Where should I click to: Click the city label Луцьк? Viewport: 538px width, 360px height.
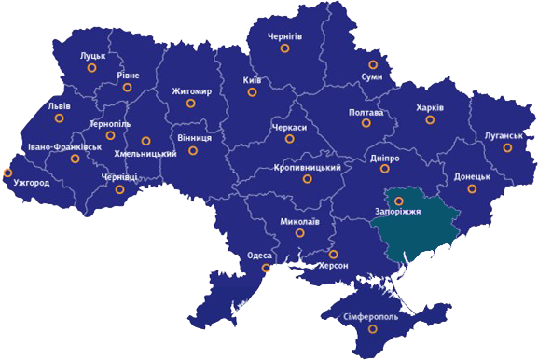93,56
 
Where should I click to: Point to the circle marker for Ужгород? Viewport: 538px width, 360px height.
8,172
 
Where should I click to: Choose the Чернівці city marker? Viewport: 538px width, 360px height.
119,189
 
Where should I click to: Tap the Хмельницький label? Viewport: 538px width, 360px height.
145,153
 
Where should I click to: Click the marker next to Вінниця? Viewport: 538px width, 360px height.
193,150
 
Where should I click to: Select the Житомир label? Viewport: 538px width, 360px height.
192,91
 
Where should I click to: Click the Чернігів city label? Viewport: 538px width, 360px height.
285,36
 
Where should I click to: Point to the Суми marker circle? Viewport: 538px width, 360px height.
373,64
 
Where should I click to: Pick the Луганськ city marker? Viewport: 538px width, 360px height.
507,147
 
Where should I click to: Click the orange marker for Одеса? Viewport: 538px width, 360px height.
267,269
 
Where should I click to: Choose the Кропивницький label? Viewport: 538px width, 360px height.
309,167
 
